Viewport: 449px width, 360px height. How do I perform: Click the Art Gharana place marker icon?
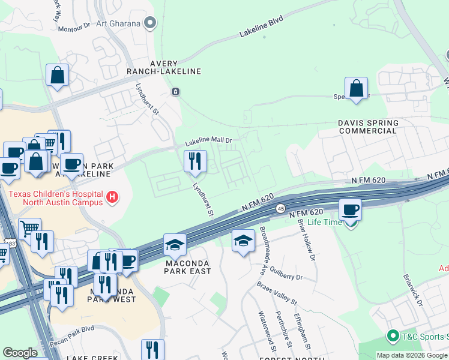click(151, 24)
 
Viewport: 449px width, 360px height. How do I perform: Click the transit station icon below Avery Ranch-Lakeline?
click(175, 92)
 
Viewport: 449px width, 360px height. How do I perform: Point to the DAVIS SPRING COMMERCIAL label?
click(367, 127)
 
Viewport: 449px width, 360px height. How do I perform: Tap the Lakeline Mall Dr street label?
click(208, 142)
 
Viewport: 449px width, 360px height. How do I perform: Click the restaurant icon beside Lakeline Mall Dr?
click(195, 161)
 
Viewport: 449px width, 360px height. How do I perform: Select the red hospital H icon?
click(111, 197)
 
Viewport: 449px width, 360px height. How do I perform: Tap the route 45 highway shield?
click(280, 208)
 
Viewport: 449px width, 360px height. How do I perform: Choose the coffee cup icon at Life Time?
click(351, 210)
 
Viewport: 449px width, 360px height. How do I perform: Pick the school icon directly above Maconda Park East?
click(175, 244)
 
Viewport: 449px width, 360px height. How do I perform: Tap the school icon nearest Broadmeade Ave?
click(243, 241)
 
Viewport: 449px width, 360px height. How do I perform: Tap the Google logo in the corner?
click(20, 353)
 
